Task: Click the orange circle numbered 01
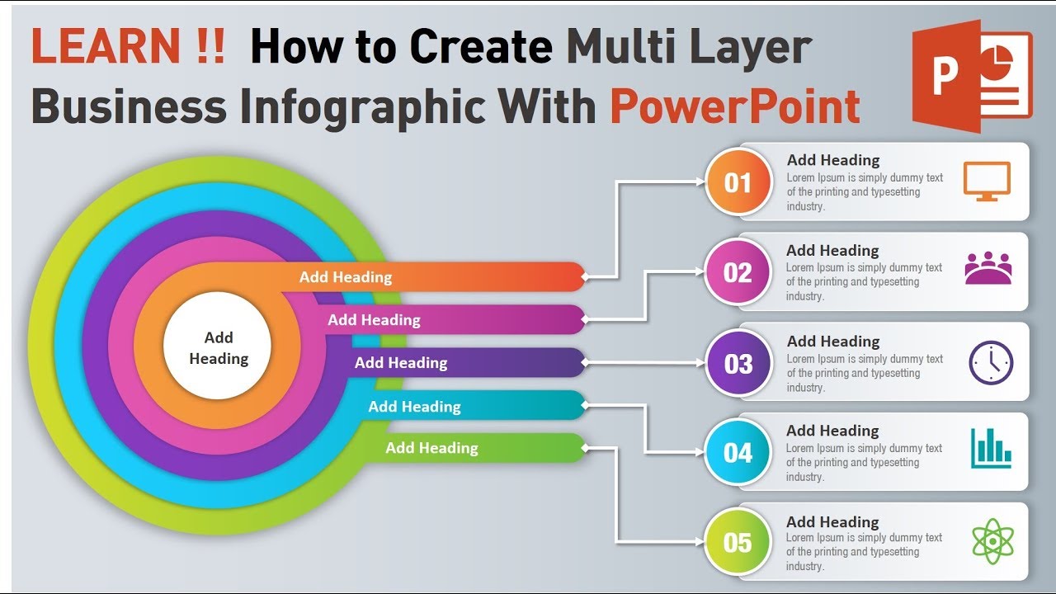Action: click(x=738, y=182)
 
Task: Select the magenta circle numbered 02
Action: click(x=738, y=272)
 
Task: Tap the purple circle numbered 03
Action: click(x=738, y=363)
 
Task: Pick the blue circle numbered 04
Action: click(x=738, y=452)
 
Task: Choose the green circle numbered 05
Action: click(x=738, y=542)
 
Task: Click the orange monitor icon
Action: click(x=987, y=181)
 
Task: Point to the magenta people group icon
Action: click(x=988, y=269)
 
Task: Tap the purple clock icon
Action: click(x=991, y=362)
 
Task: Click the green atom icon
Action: click(x=992, y=541)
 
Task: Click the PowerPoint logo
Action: click(x=972, y=76)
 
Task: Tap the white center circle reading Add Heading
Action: click(x=218, y=347)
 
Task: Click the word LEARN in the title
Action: click(x=105, y=48)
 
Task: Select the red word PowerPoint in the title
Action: click(x=735, y=106)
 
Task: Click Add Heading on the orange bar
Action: click(x=345, y=277)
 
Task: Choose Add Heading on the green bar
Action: click(x=431, y=448)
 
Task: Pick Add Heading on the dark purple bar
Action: click(x=401, y=363)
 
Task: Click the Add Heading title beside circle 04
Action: click(x=832, y=431)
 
